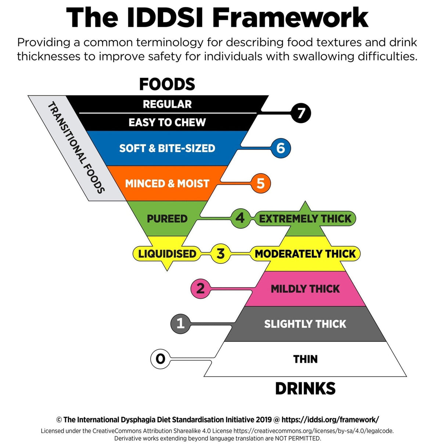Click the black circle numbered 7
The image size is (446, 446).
[x=301, y=113]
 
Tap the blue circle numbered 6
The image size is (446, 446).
[x=280, y=148]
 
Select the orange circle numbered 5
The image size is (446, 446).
[x=260, y=183]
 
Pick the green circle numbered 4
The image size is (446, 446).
[x=240, y=218]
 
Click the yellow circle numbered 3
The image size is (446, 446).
[x=220, y=253]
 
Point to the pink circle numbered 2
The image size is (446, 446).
[x=200, y=288]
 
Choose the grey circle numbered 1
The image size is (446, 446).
[x=180, y=324]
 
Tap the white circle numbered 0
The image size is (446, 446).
[x=160, y=359]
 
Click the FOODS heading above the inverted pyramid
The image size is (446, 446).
[x=167, y=84]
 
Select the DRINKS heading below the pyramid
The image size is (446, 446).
[x=305, y=389]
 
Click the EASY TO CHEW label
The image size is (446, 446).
[x=167, y=122]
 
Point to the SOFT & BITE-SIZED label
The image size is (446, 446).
[x=167, y=148]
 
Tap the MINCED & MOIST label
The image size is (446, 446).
[x=167, y=183]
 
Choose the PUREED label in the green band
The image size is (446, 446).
[x=167, y=219]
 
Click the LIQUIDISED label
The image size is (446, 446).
[x=167, y=253]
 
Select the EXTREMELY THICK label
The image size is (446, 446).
[x=305, y=219]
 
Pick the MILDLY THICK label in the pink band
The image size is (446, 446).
[x=305, y=289]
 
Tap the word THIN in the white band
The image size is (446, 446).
[x=305, y=359]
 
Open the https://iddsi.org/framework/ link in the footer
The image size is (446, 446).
[x=330, y=420]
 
